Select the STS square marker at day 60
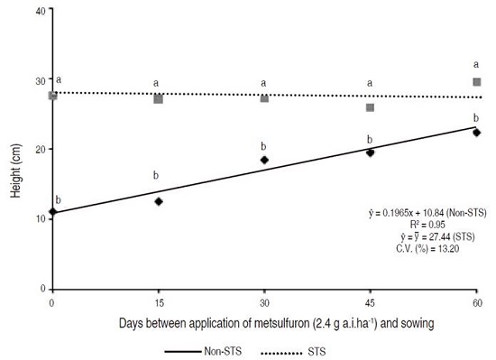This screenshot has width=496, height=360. [477, 82]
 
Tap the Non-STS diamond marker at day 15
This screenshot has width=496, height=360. [159, 201]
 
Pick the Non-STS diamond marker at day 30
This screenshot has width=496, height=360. [264, 160]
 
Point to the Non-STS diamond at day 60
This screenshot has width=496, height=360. [477, 133]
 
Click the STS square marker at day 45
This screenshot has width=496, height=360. [371, 107]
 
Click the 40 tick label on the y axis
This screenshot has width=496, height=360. [40, 12]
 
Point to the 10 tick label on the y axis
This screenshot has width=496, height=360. [40, 219]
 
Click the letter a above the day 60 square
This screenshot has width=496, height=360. [477, 64]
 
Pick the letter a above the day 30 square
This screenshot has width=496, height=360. [264, 83]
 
